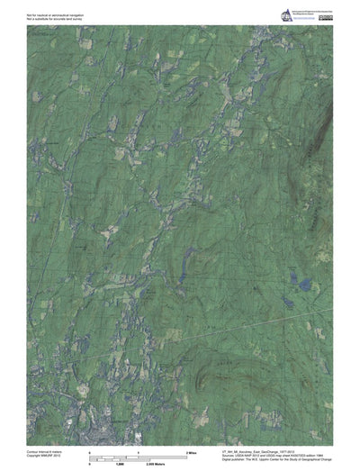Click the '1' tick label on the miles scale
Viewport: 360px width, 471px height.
pyautogui.click(x=138, y=449)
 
